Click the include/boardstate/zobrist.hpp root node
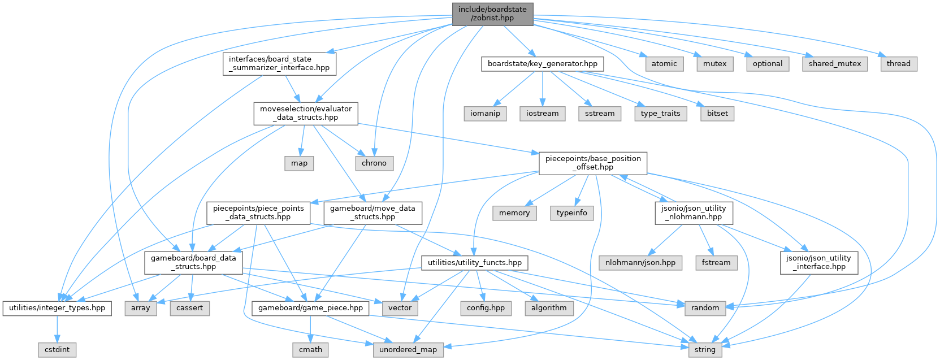(492, 14)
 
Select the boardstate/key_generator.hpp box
(542, 64)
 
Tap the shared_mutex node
(834, 64)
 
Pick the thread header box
(898, 64)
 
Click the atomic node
(664, 64)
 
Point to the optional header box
(767, 64)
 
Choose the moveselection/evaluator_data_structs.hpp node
(305, 113)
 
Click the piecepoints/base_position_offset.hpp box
(592, 163)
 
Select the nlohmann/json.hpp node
(640, 263)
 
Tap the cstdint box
(57, 350)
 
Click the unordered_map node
(408, 350)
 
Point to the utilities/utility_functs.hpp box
(475, 263)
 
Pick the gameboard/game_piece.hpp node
(310, 308)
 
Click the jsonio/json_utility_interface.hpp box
(818, 262)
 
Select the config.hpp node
(486, 308)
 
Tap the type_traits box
(660, 114)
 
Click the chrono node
(374, 163)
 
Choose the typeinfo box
(571, 213)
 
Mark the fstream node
(716, 263)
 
